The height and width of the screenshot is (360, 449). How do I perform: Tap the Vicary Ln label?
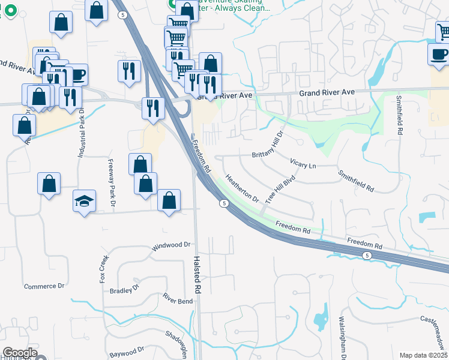click(303, 163)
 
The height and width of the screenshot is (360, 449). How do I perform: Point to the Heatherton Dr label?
click(241, 188)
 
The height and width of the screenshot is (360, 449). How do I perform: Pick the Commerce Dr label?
click(44, 286)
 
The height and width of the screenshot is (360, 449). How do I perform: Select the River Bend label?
click(178, 298)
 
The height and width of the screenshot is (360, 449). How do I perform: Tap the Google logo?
click(20, 353)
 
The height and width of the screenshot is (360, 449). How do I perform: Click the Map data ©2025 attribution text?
click(423, 355)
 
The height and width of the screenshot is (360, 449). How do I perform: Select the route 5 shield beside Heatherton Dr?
click(223, 204)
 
